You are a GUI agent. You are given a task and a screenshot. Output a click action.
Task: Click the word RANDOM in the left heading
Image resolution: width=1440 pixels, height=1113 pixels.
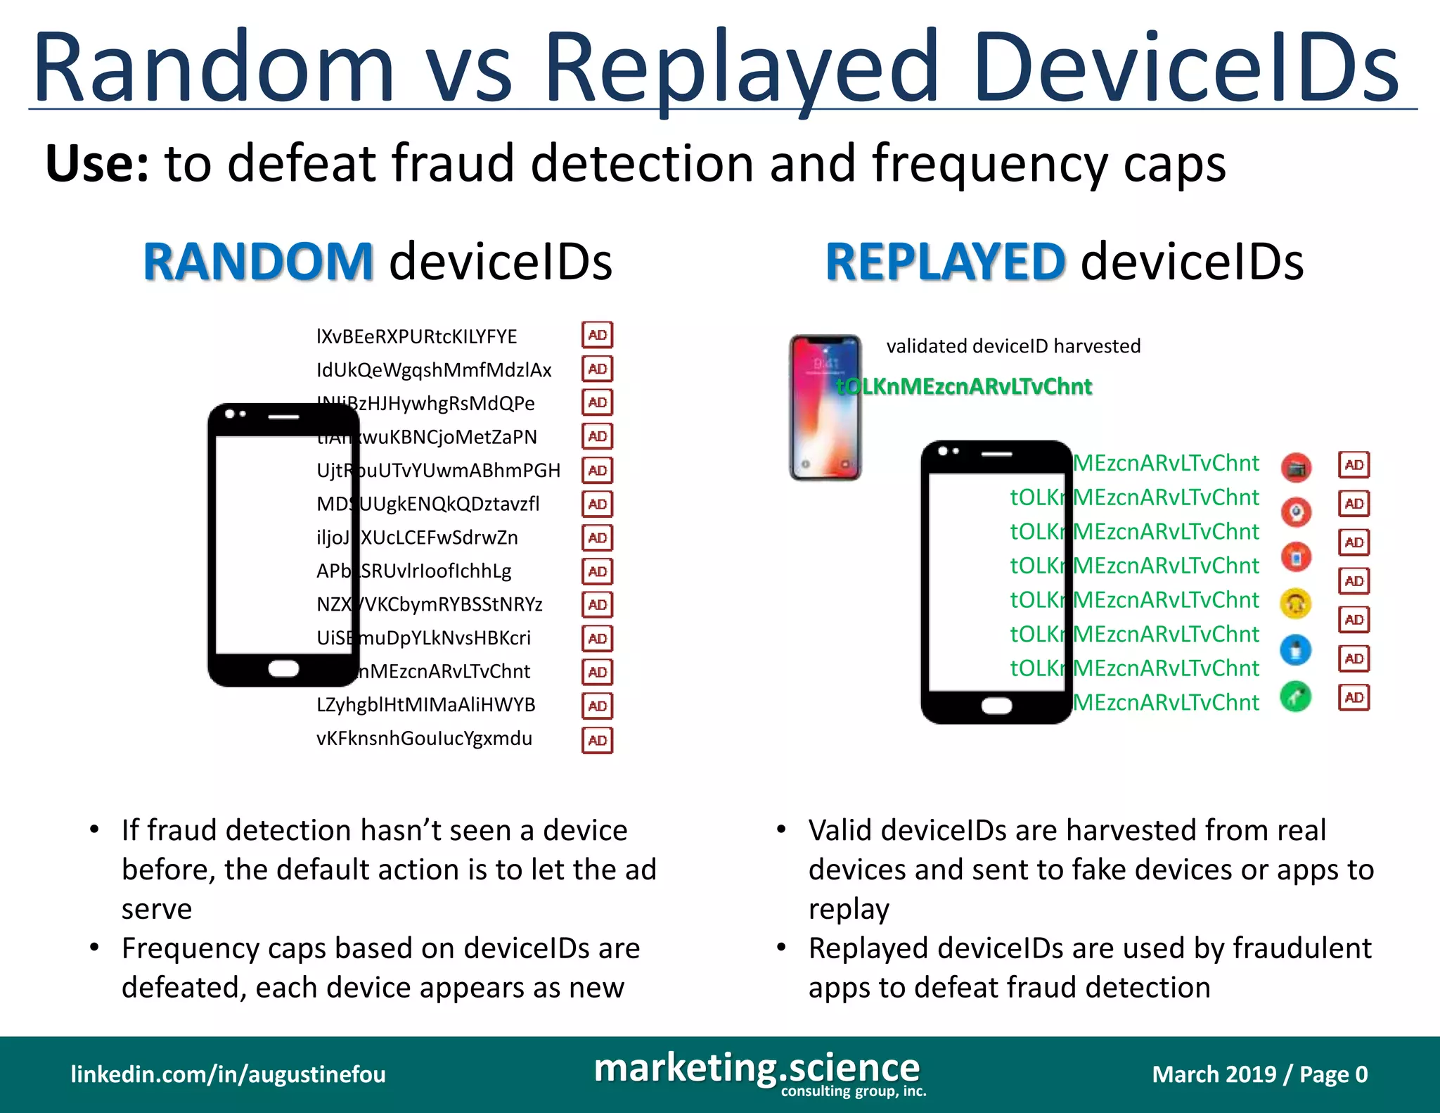click(257, 262)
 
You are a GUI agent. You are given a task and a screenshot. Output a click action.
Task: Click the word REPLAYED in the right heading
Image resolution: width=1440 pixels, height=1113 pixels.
click(945, 262)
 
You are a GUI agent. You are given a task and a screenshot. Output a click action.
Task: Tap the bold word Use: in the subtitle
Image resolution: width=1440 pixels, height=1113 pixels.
click(97, 163)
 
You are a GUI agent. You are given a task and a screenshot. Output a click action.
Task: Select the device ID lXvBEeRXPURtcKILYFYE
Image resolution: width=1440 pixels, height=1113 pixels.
click(416, 336)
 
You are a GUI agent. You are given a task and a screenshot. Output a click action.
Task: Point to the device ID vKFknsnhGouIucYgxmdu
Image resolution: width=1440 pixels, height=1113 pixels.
click(424, 739)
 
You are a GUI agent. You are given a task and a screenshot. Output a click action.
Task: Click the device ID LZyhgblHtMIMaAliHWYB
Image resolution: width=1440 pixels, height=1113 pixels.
click(425, 705)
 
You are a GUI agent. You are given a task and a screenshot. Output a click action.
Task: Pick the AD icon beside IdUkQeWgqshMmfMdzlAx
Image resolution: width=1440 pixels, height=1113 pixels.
click(597, 369)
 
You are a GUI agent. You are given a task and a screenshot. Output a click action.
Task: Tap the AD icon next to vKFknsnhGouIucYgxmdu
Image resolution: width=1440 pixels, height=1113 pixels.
click(597, 740)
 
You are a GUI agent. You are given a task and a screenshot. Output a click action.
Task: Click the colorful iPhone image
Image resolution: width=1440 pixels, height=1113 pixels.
click(825, 407)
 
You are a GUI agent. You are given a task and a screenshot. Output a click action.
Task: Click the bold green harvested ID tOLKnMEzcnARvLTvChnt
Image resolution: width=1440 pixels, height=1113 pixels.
click(964, 386)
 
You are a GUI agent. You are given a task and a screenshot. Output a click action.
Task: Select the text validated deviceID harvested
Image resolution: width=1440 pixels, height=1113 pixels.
click(1013, 346)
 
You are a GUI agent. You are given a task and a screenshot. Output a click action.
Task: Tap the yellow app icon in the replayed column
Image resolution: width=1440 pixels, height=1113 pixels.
click(1296, 604)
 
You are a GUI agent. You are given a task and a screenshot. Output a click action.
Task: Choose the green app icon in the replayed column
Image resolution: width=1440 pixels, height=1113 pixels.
click(1296, 697)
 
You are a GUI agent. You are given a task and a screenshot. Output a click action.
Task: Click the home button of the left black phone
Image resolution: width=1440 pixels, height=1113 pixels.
click(283, 668)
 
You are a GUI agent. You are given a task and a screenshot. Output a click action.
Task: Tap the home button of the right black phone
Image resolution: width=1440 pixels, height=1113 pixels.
click(996, 706)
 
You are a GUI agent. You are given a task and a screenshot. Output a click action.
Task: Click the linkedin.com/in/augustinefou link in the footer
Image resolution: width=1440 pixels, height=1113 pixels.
click(228, 1074)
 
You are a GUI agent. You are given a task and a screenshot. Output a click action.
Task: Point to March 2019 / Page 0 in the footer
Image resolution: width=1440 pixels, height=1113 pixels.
click(1259, 1074)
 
